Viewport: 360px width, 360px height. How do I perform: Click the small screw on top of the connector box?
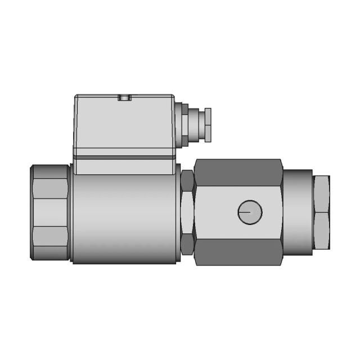click(x=124, y=98)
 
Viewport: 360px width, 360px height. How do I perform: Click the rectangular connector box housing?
click(x=124, y=124)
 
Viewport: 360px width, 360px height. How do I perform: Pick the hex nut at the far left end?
click(x=51, y=212)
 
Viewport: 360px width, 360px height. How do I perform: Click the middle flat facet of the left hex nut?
click(x=51, y=213)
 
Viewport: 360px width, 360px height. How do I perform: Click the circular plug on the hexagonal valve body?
click(x=250, y=212)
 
